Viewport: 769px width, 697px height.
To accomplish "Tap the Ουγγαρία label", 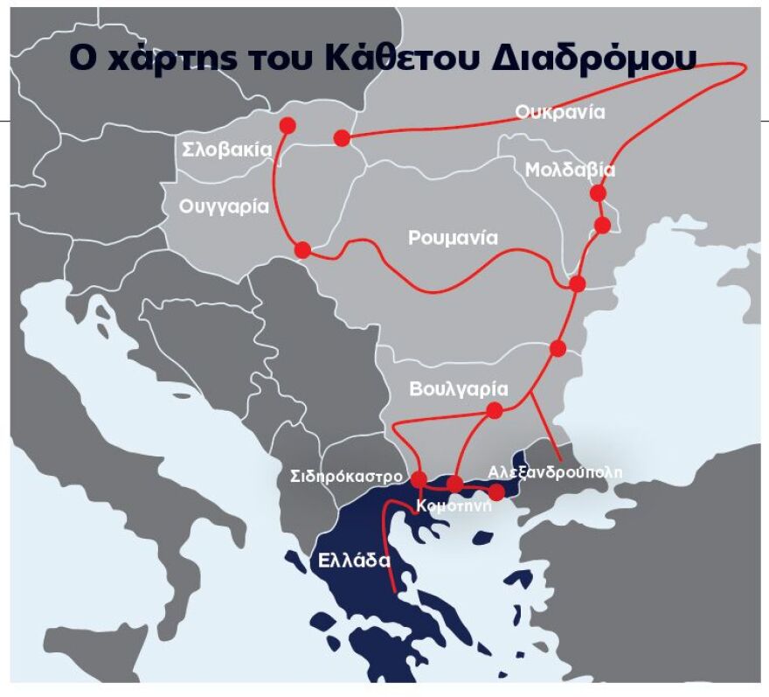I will (223, 207).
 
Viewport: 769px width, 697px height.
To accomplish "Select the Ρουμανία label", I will (453, 238).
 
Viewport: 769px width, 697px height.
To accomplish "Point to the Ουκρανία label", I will (560, 112).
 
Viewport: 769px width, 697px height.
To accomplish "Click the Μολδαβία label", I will (570, 170).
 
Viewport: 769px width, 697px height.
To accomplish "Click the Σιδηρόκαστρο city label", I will (346, 477).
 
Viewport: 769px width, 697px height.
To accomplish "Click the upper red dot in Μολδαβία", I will (598, 192).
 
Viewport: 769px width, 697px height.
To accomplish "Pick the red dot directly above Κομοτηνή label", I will (454, 484).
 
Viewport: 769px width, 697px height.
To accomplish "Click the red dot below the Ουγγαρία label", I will (303, 250).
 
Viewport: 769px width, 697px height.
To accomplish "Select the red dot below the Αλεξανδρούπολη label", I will (496, 492).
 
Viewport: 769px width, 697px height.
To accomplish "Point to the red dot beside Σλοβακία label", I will (287, 126).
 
